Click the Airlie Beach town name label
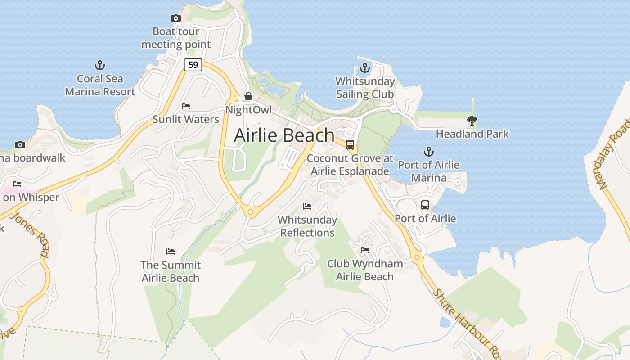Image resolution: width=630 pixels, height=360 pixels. coord(284,135)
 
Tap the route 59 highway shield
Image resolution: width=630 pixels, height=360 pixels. coord(193,65)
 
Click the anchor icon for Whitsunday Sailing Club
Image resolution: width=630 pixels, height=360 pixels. coord(364,68)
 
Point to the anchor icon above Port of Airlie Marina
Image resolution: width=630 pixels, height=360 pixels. coord(429,152)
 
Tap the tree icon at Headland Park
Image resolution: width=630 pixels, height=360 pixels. coord(472,121)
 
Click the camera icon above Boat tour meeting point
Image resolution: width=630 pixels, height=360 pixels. coord(175,18)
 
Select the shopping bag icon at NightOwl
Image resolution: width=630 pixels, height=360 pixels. coord(248,97)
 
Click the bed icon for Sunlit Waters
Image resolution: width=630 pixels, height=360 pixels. coord(185,106)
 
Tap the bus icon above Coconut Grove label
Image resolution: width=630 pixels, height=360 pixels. coord(350,145)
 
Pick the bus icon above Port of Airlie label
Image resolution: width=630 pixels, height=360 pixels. coord(425,205)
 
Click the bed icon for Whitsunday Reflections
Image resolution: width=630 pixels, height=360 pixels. coord(307,207)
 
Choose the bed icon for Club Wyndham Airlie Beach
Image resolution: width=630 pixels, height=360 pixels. coord(364,250)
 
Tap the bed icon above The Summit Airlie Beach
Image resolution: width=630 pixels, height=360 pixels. coord(170,252)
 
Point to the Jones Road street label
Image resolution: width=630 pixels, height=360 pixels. coord(29,234)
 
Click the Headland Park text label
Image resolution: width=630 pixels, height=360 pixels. coord(472,134)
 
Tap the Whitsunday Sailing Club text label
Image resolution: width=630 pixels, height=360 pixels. coord(365,88)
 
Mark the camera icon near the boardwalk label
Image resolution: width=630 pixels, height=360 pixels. coord(20,144)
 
